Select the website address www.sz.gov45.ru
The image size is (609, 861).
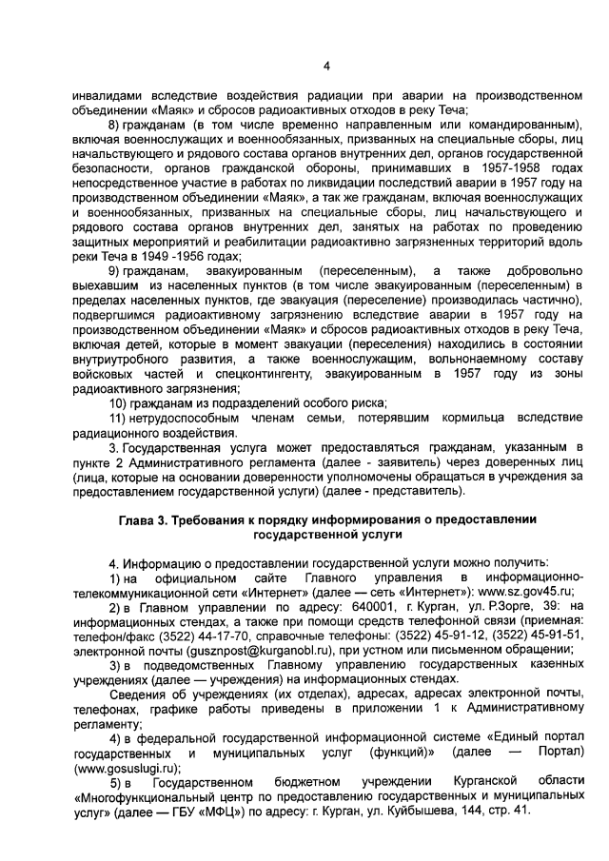point(526,591)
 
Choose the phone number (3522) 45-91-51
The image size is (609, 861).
point(528,636)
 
